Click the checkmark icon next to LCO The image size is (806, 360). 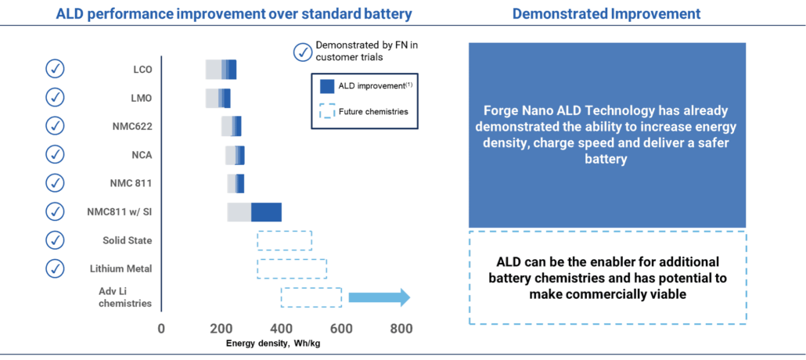55,69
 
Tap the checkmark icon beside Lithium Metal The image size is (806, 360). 55,268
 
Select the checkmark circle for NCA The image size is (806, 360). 55,154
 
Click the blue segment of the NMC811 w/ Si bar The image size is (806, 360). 267,211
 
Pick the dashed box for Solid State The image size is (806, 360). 284,239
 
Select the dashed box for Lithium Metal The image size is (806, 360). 291,268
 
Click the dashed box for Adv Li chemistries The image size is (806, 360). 311,297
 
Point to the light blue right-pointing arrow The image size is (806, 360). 379,297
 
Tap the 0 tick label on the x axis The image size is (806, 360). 161,329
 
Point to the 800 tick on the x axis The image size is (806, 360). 401,329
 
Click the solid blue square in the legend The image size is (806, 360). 327,86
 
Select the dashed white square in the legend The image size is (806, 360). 327,112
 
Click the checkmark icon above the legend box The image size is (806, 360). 302,52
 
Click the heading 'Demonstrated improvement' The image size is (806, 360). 606,15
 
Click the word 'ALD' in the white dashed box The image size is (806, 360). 511,262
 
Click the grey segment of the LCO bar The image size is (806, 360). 213,69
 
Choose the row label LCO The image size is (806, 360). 142,70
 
